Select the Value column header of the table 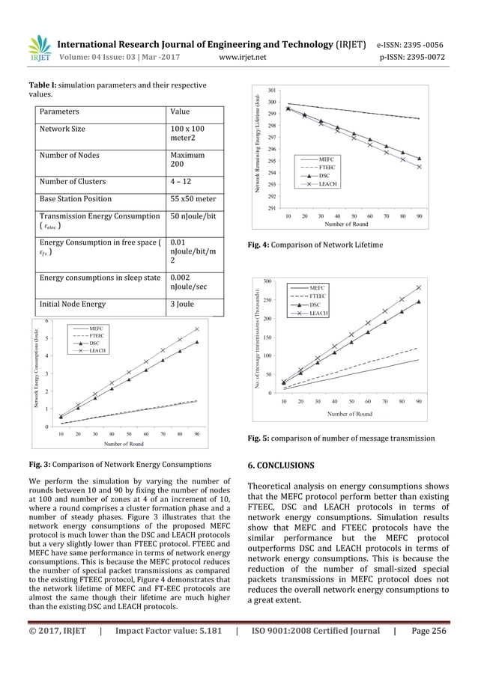pyautogui.click(x=181, y=112)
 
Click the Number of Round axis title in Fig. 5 pyautogui.click(x=350, y=414)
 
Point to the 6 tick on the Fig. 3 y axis pyautogui.click(x=49, y=321)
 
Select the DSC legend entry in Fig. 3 pyautogui.click(x=91, y=343)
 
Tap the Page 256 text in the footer pyautogui.click(x=429, y=632)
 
